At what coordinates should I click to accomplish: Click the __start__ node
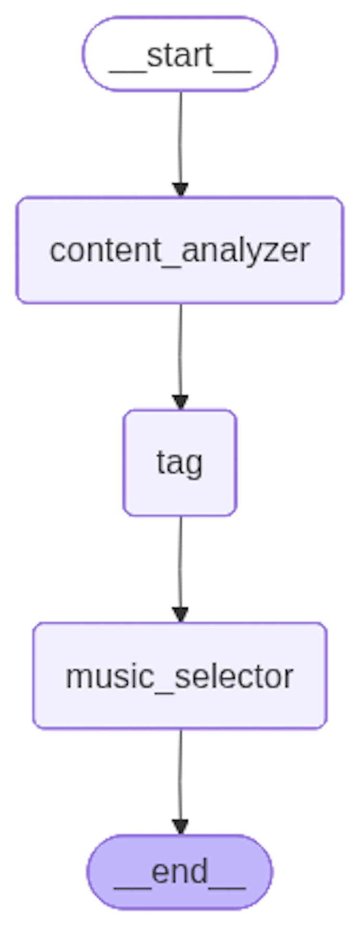point(180,54)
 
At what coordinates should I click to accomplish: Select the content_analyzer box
point(180,250)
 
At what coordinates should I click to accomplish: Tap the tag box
point(180,463)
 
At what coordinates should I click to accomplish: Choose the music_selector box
point(180,676)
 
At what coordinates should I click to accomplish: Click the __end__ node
point(180,872)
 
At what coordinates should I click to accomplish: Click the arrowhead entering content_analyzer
point(180,190)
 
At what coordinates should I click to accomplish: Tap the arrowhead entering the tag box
point(180,402)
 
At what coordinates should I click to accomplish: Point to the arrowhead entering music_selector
point(180,615)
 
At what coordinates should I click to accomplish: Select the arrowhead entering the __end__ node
point(180,827)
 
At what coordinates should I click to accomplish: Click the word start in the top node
point(180,56)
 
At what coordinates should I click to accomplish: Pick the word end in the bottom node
point(180,872)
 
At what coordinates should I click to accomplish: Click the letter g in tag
point(193,465)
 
